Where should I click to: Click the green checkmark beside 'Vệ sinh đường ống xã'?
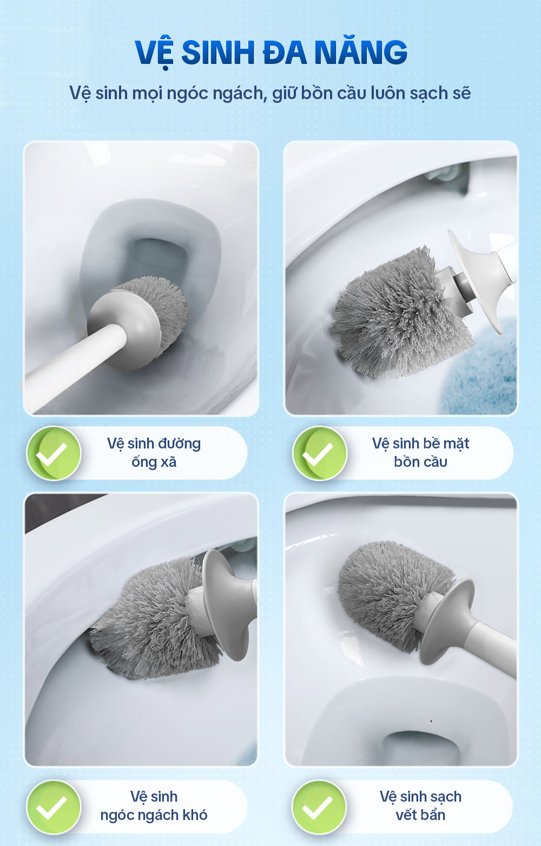(54, 453)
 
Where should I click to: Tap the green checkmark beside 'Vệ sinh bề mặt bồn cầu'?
(320, 453)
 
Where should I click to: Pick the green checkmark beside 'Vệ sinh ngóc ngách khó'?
(54, 807)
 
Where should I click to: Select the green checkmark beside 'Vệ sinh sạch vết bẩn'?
(319, 807)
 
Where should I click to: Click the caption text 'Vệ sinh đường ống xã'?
(154, 452)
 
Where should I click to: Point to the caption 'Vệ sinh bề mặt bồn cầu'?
(421, 452)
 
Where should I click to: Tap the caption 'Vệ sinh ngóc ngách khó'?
(154, 806)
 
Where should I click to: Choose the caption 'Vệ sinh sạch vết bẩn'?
(421, 806)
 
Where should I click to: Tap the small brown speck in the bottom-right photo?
(431, 721)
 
